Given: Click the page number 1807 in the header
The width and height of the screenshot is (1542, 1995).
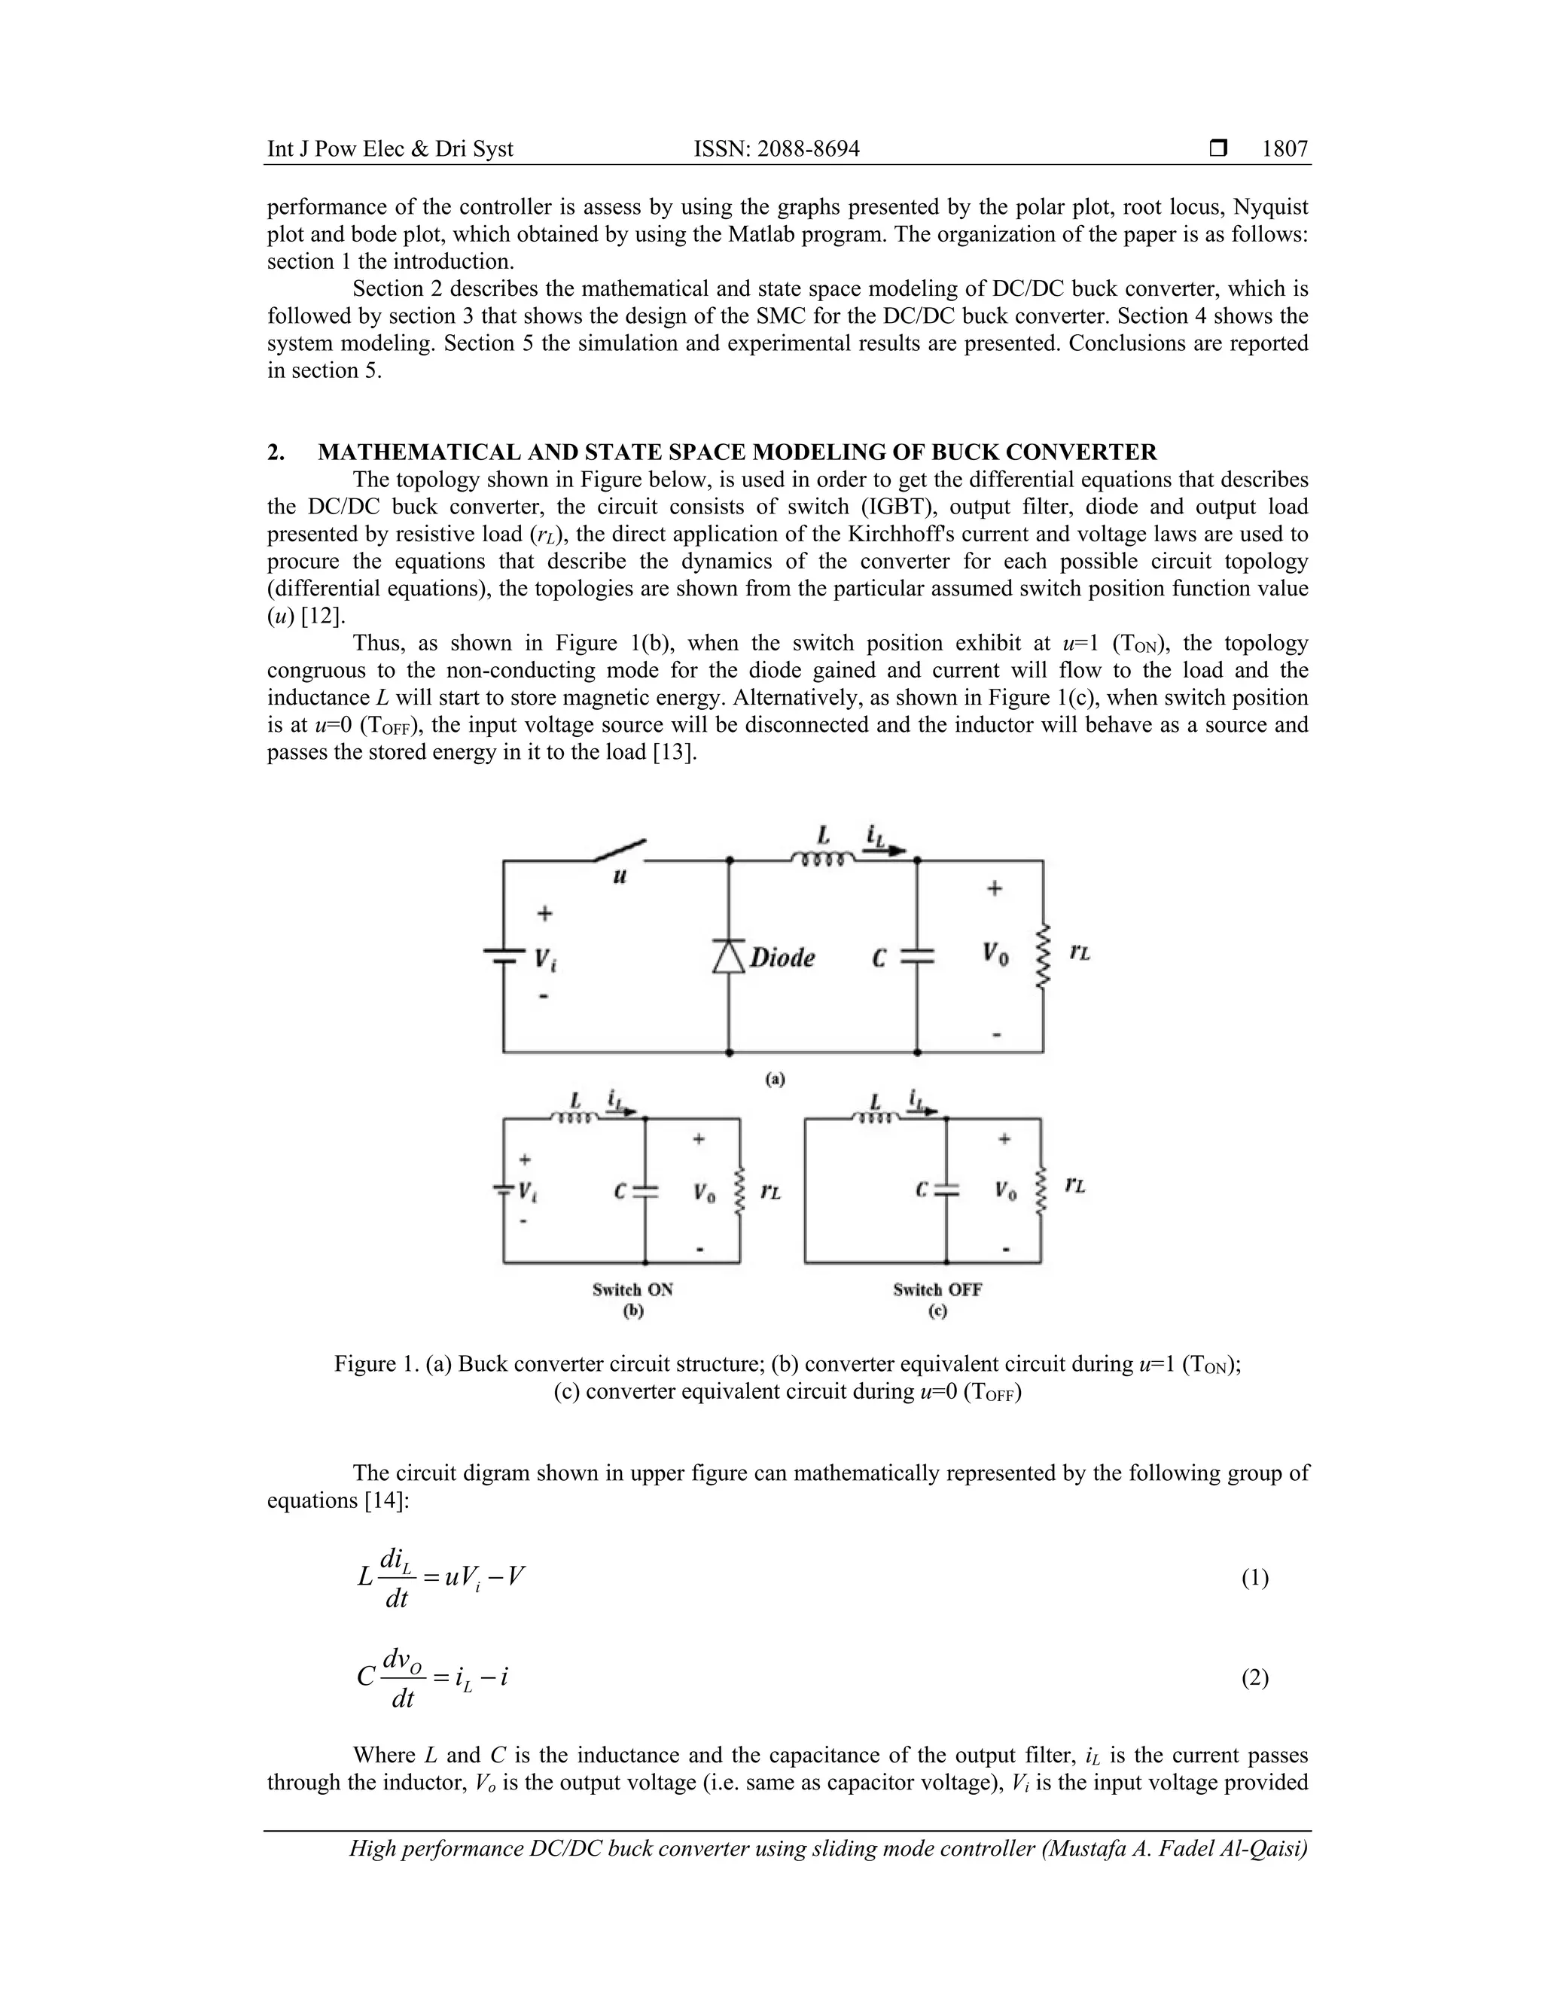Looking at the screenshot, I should (1284, 149).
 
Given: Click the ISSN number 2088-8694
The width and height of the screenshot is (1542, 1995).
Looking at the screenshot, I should (809, 149).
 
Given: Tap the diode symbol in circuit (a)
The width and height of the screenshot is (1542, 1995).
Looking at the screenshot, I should (728, 956).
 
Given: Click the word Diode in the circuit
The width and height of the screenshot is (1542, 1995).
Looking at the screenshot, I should (782, 958).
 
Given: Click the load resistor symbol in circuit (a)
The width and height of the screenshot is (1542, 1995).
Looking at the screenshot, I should (1042, 955).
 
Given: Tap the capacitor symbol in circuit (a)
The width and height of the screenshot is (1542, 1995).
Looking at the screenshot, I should (917, 955).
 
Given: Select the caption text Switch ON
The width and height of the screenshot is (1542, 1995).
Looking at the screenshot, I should (632, 1290).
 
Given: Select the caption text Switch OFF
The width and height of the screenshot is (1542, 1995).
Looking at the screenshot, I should (937, 1290).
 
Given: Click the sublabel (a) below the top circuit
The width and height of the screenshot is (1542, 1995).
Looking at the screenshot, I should (775, 1080).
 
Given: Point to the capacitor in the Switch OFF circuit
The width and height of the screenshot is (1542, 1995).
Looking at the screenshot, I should (946, 1190).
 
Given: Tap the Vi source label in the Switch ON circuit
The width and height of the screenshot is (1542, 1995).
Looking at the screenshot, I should (527, 1192).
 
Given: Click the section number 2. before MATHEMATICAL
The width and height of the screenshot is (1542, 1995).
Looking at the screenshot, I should (275, 452).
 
